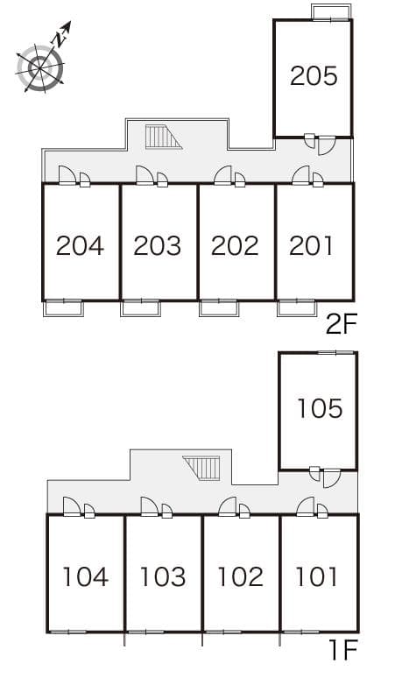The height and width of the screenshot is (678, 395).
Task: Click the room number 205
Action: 314,75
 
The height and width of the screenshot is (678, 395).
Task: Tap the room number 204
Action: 80,245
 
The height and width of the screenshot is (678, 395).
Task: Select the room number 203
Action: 158,245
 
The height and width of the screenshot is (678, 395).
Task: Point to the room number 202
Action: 235,245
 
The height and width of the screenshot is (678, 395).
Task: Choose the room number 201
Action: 311,245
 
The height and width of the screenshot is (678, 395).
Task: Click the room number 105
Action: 320,408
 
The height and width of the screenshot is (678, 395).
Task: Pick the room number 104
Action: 86,576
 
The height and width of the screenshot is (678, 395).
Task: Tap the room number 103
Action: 163,576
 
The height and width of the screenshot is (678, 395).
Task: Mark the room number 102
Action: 240,576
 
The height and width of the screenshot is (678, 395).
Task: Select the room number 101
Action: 316,576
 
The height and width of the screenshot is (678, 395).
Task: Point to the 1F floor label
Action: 344,650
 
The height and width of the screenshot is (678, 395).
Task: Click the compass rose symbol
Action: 40,68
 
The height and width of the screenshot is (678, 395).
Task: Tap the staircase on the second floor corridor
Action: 164,137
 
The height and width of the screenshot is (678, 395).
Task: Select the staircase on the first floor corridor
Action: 201,468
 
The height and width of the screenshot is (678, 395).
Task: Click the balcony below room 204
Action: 63,307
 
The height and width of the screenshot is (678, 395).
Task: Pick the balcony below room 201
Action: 297,307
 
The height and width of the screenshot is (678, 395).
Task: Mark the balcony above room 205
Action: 331,11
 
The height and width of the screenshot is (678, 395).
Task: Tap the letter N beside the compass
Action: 60,39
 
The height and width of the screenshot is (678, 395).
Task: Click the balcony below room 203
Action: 140,307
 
